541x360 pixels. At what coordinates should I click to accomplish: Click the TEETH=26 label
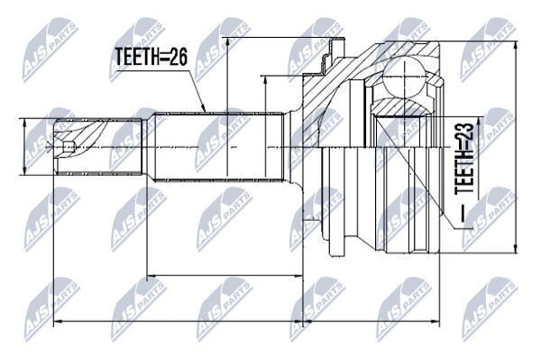151,57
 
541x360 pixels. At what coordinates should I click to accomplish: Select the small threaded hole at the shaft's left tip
69,147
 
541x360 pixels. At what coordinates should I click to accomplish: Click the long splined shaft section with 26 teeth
219,146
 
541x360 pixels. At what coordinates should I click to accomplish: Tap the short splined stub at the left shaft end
99,147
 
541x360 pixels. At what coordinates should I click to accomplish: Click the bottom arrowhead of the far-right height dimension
516,248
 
